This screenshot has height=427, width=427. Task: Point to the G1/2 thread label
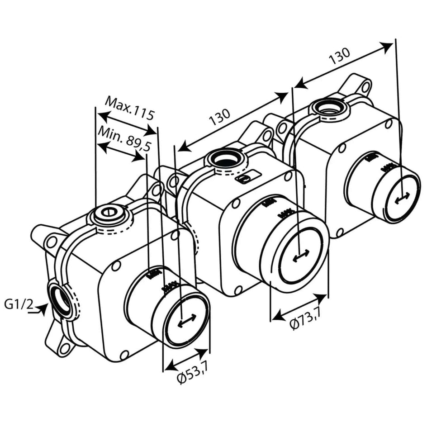[19, 304]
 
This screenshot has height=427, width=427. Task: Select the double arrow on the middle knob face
[301, 256]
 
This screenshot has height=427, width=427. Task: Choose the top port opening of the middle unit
[225, 160]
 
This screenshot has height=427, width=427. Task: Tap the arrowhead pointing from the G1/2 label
[43, 309]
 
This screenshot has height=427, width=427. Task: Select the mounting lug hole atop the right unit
[365, 86]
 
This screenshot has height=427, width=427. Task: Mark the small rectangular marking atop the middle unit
[248, 178]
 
